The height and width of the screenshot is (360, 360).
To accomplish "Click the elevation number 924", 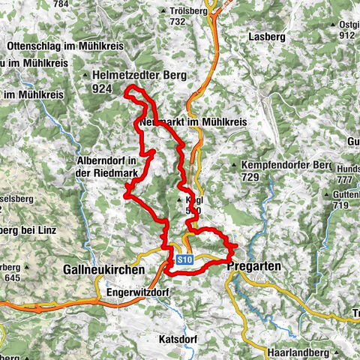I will pos(103,87).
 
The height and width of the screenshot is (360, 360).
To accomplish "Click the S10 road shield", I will pos(185,259).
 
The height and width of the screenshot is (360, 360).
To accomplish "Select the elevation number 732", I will pos(177,22).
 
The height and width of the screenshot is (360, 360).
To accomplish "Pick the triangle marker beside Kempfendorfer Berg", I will pos(235,164).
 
